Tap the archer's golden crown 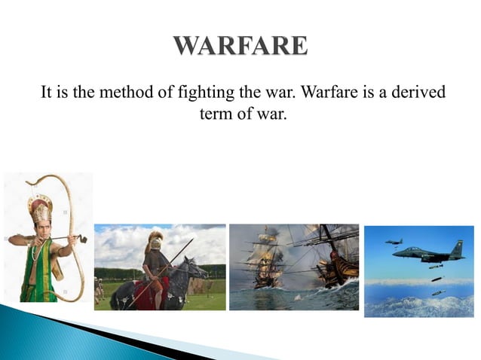click(x=39, y=207)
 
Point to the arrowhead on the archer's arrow click(x=83, y=239)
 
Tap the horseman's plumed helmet click(x=155, y=240)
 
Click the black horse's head click(x=198, y=267)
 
